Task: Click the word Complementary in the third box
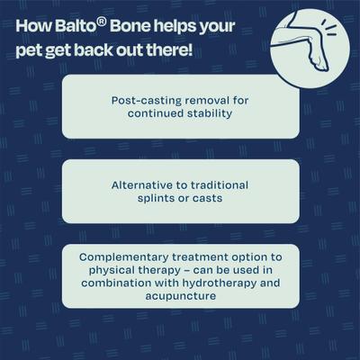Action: (x=120, y=256)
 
